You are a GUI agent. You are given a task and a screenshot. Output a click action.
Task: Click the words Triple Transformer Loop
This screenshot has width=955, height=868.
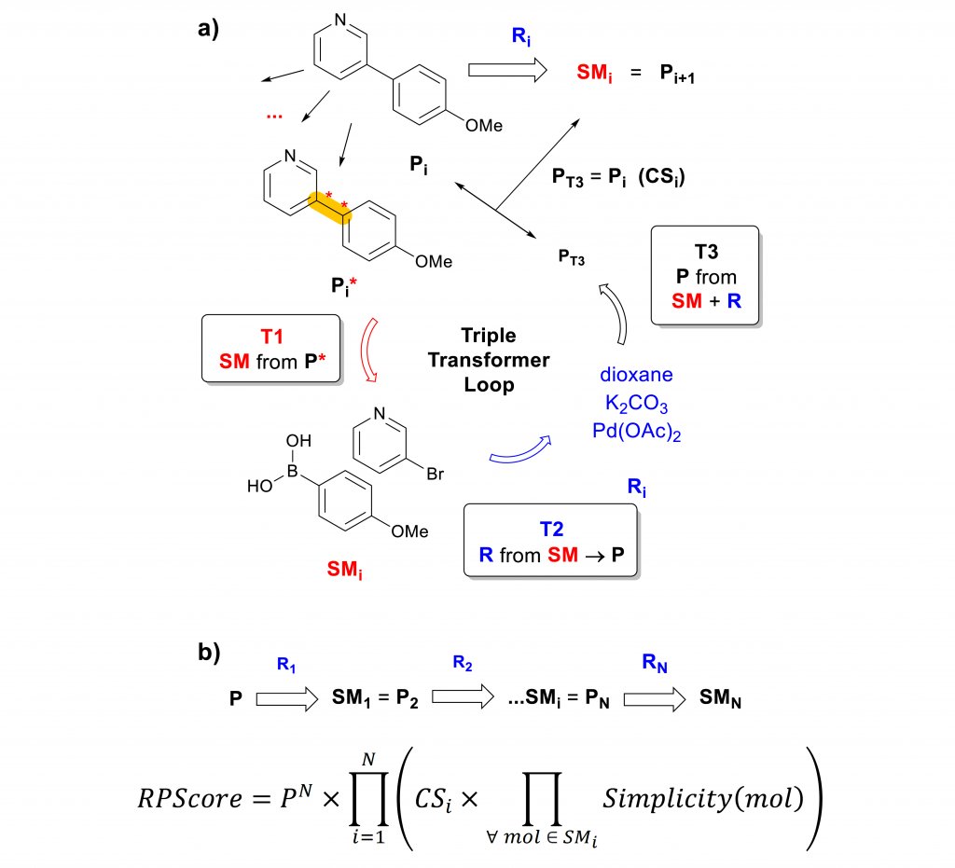pos(490,360)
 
